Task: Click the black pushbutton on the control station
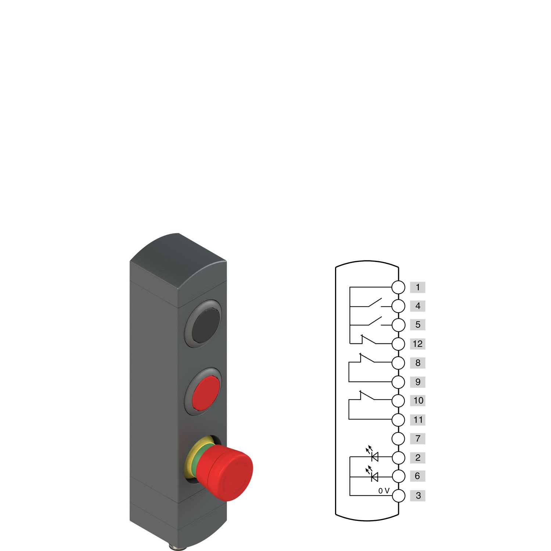202,324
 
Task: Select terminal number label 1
418,287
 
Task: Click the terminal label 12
418,344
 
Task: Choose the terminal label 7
418,438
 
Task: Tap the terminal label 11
418,419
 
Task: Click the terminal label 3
418,495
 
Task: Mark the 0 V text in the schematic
383,491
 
